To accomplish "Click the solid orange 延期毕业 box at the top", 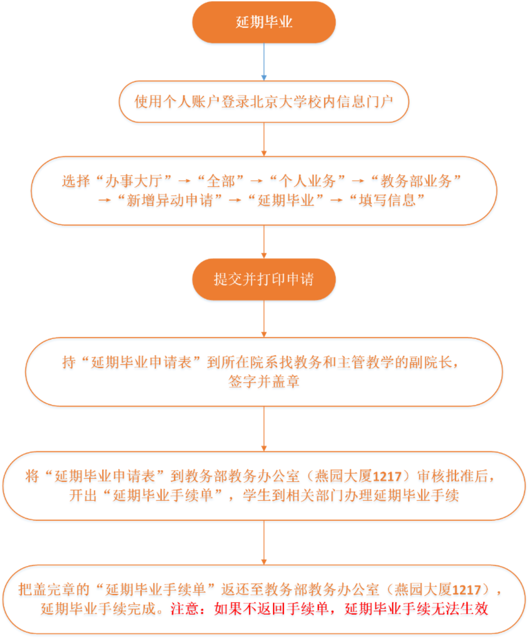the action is [264, 22].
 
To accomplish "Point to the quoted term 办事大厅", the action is [134, 181].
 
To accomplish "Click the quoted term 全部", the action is [221, 181].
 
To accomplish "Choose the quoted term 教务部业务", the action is [416, 181].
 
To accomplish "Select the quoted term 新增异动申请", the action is [170, 200].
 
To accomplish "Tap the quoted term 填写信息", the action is [387, 200].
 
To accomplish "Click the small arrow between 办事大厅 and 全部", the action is [185, 181].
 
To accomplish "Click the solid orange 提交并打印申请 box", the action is [264, 279].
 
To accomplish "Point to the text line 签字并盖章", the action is [264, 381].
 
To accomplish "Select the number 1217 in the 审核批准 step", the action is [387, 476].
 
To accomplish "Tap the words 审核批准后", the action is [453, 476].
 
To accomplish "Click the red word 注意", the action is [185, 608].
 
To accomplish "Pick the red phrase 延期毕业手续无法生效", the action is [416, 608].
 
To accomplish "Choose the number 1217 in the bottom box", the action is [467, 590].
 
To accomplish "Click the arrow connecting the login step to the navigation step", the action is [264, 140].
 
